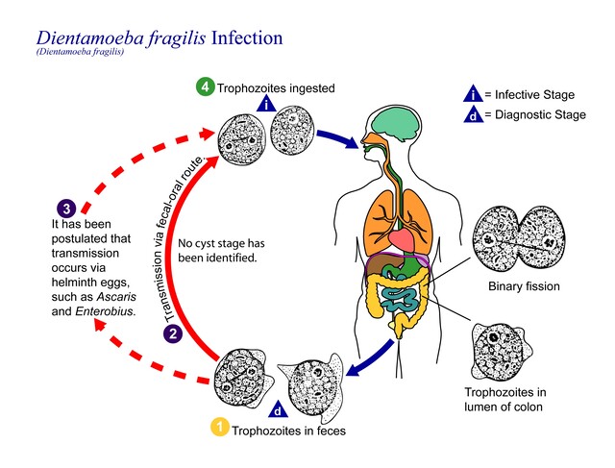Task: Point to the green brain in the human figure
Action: coord(397,123)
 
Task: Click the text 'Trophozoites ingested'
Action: coord(277,88)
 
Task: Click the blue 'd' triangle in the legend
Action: coord(473,116)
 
